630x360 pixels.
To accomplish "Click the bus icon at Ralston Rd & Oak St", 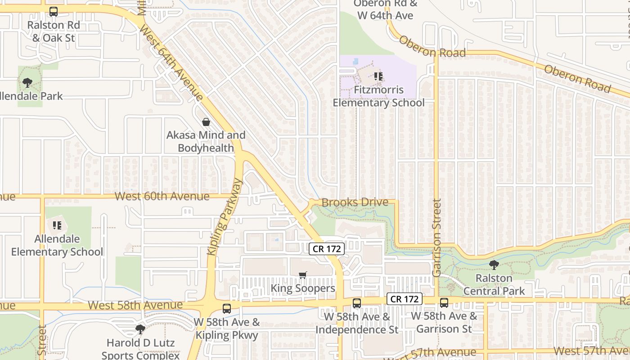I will [54, 12].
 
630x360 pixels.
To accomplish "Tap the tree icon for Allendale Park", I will [27, 83].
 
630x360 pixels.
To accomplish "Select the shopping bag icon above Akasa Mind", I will [206, 122].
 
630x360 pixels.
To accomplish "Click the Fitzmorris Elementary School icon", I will [378, 76].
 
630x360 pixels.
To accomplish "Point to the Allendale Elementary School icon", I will [57, 225].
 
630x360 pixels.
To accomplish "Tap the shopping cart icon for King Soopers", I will [303, 274].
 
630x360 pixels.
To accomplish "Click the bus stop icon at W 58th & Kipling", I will [227, 309].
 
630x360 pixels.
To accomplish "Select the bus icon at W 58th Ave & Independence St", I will [357, 303].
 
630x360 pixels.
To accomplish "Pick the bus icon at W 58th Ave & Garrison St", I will [444, 303].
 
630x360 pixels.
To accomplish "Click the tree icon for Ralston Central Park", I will [494, 265].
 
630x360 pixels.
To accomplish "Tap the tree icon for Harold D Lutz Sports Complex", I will [140, 329].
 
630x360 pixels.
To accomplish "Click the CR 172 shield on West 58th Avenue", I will [405, 299].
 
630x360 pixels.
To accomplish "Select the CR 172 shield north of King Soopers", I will [327, 248].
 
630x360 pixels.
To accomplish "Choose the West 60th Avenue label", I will [162, 196].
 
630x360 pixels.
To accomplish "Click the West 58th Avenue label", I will [135, 305].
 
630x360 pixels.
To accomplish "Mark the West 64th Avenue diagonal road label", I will [172, 63].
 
